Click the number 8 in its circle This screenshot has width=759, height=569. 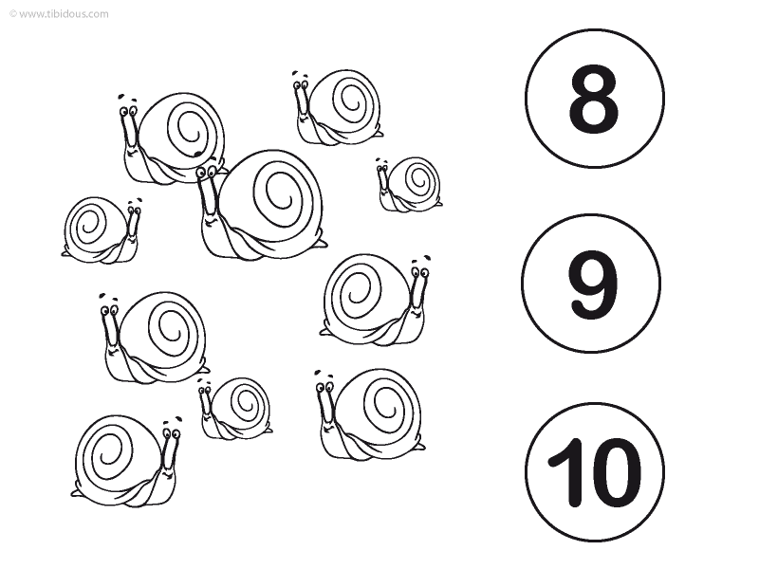[594, 99]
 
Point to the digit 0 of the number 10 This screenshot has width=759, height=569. [614, 472]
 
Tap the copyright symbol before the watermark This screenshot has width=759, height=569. [13, 14]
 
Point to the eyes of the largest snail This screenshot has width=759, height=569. [207, 171]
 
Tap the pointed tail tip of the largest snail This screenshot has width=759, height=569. [325, 245]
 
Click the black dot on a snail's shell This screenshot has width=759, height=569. [197, 154]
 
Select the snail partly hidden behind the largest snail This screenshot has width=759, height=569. [172, 138]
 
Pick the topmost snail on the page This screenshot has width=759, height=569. [338, 107]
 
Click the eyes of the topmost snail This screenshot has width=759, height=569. [301, 85]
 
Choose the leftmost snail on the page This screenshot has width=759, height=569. [102, 229]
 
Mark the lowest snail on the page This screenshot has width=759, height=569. [127, 460]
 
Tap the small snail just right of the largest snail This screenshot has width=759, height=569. [409, 184]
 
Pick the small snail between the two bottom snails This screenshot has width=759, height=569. [235, 409]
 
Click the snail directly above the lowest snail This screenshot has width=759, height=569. [155, 338]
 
